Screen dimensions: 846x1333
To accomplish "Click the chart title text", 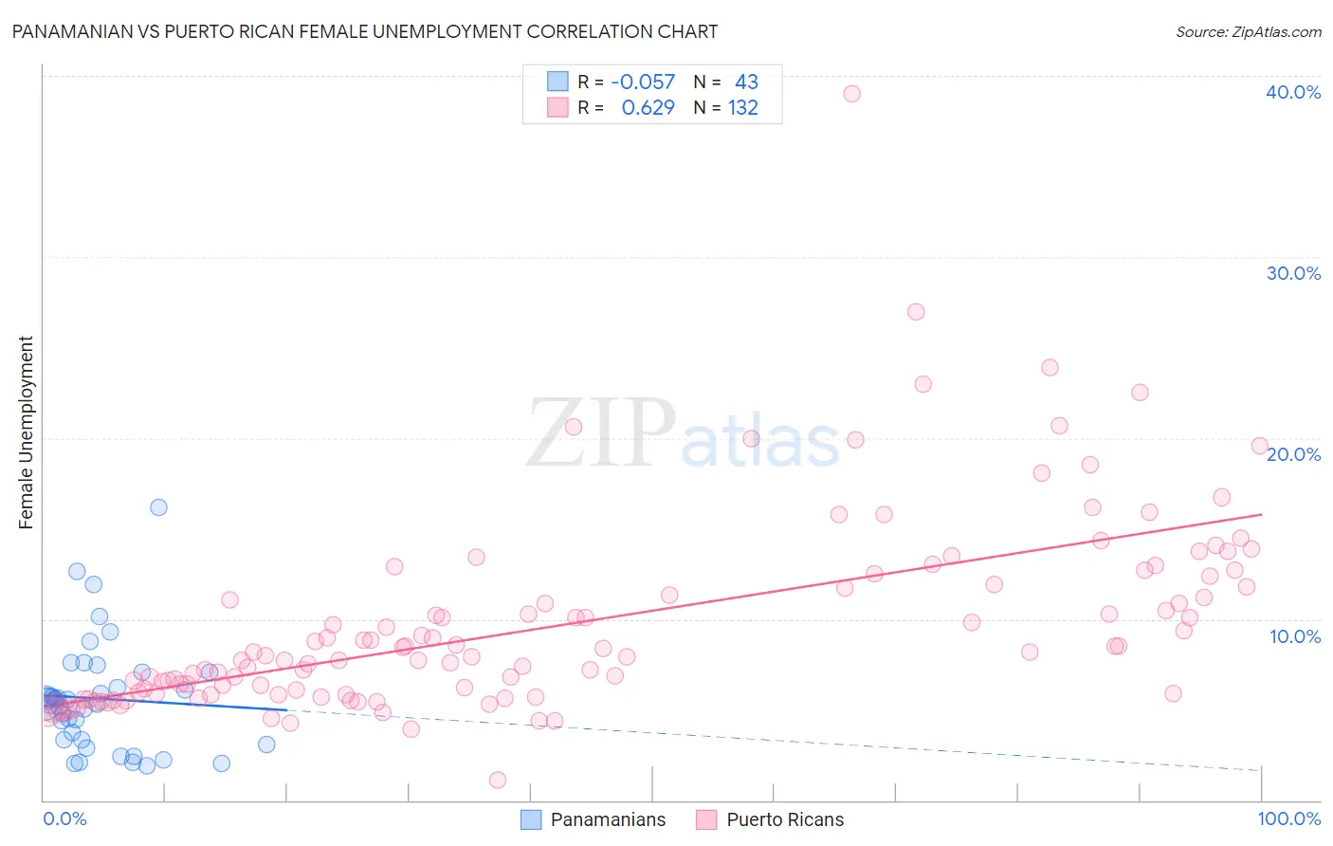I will (364, 31).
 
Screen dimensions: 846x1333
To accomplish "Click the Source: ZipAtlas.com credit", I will (1248, 31).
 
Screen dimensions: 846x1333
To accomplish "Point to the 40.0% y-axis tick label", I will (1292, 92).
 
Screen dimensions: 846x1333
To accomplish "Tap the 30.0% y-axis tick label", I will (1292, 273).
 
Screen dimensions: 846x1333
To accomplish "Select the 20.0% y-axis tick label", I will (1292, 454).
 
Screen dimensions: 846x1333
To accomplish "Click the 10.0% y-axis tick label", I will (1294, 636).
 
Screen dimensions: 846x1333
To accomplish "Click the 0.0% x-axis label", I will (64, 818).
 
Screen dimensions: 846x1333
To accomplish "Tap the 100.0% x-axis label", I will (1288, 818).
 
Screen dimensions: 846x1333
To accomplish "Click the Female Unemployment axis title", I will (26, 432).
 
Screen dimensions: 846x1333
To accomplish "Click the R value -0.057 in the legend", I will (642, 83).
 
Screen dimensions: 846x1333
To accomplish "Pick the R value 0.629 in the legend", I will (648, 108).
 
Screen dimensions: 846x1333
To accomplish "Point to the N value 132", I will (742, 108).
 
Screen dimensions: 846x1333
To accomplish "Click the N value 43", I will (746, 83).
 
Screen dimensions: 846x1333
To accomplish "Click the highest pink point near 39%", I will (851, 94).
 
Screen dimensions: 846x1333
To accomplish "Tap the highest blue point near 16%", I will (158, 507).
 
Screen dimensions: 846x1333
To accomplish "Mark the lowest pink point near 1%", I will (497, 780).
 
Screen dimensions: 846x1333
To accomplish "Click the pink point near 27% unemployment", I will (915, 312).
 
